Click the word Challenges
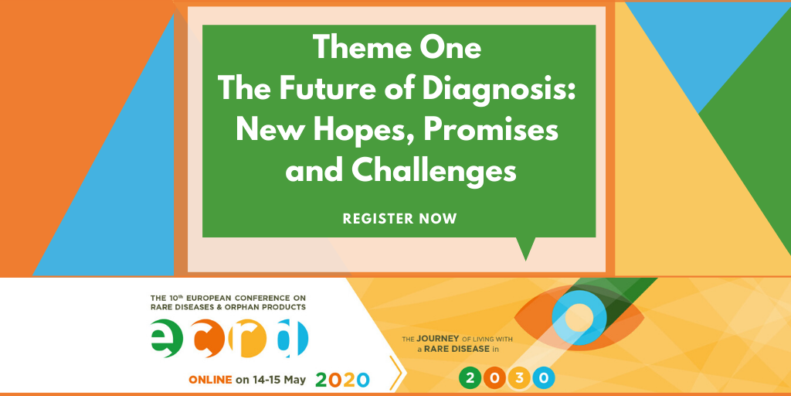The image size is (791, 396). pyautogui.click(x=434, y=171)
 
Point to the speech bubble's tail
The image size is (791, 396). pyautogui.click(x=525, y=248)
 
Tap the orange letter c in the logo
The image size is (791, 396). pyautogui.click(x=209, y=339)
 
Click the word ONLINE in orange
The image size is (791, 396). pyautogui.click(x=210, y=380)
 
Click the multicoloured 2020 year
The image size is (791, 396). pyautogui.click(x=342, y=380)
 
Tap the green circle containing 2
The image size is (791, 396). pyautogui.click(x=470, y=377)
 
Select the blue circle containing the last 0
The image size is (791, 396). pyautogui.click(x=543, y=377)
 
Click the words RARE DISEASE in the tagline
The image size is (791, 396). pyautogui.click(x=456, y=349)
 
